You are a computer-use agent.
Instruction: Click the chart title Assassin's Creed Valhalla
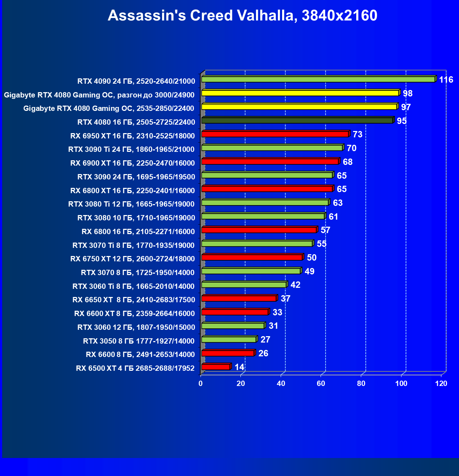click(242, 16)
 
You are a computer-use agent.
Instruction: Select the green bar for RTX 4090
click(318, 79)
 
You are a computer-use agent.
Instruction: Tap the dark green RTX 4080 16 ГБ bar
click(297, 121)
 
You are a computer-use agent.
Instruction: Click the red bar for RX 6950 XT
click(275, 134)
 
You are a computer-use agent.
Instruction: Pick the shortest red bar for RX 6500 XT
click(216, 367)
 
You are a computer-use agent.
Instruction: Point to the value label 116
click(446, 80)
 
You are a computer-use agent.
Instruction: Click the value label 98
click(407, 94)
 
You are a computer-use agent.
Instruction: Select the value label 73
click(357, 135)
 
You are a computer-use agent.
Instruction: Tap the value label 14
click(239, 367)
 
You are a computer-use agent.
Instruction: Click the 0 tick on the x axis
click(201, 383)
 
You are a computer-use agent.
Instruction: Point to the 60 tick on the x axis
click(321, 383)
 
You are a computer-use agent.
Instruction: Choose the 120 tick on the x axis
click(441, 383)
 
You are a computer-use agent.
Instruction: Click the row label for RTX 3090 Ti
click(131, 149)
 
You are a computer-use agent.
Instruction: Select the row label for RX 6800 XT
click(132, 191)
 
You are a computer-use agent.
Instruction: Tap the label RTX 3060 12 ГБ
click(136, 327)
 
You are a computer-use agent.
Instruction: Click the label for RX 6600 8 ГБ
click(140, 355)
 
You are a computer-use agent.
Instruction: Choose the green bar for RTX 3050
click(228, 340)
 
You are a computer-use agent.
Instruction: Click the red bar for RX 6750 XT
click(252, 257)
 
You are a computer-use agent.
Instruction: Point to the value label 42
click(295, 285)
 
